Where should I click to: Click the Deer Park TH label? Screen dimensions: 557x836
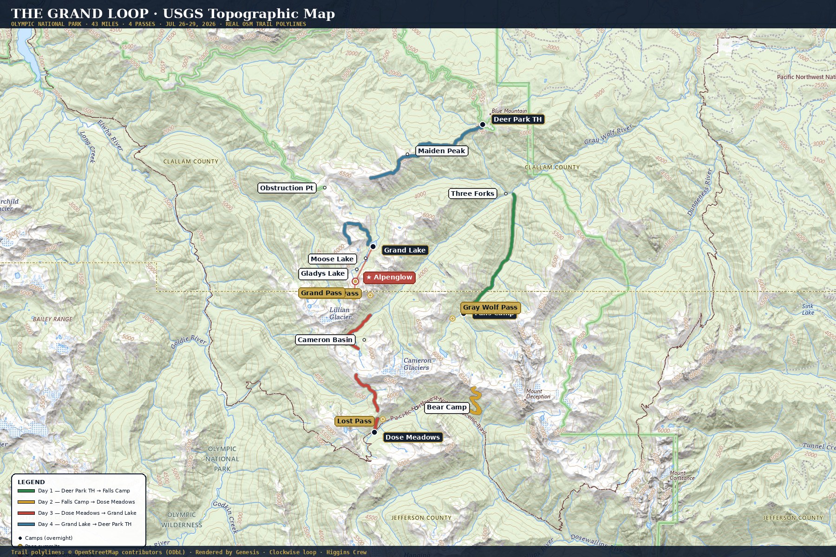[x=517, y=119]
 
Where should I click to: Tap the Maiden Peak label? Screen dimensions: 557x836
[x=441, y=151]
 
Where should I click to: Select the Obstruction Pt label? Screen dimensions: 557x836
[x=287, y=188]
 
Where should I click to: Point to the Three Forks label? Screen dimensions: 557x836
[x=472, y=194]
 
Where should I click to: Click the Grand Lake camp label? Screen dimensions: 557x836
[x=405, y=250]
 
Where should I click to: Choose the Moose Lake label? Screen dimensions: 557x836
[x=332, y=259]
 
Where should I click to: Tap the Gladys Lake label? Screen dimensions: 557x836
[x=323, y=273]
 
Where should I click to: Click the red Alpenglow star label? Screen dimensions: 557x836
[x=389, y=278]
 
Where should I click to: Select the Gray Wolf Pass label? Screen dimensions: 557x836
[x=490, y=307]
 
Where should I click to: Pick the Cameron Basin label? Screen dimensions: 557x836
[x=325, y=340]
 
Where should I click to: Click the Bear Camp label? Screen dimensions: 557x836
[x=446, y=407]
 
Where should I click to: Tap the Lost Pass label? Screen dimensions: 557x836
[x=354, y=421]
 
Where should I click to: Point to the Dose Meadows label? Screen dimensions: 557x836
[x=412, y=437]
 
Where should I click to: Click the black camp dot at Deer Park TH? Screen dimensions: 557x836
[x=483, y=124]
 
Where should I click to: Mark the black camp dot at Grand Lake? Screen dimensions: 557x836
[x=373, y=246]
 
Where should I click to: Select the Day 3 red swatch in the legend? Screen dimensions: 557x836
[x=26, y=513]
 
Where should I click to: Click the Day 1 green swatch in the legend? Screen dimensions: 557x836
[x=26, y=491]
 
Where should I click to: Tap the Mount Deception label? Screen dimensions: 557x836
[x=538, y=394]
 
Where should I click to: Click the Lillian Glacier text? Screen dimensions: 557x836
[x=340, y=313]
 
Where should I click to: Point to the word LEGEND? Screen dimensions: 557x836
[x=31, y=482]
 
